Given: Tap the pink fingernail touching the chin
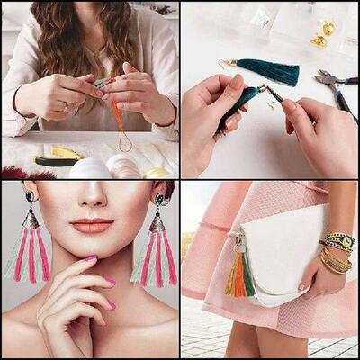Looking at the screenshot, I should point(90,259).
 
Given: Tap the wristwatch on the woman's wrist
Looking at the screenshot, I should point(337,241).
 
